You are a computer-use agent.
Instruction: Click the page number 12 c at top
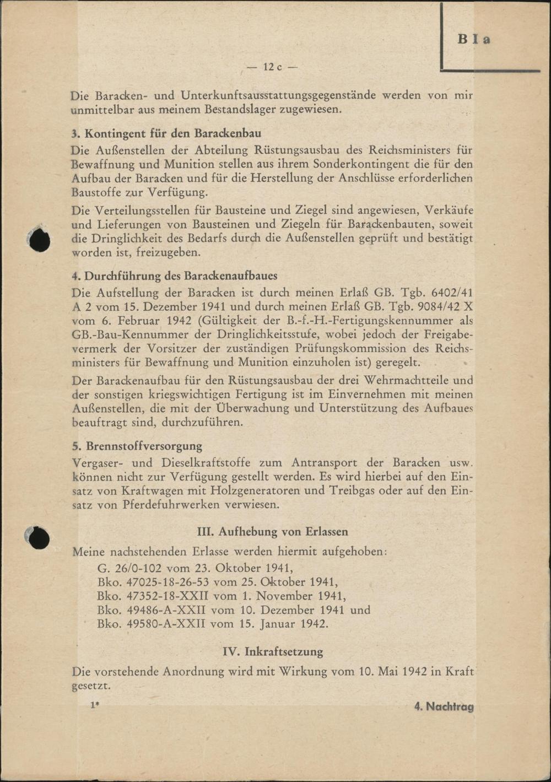point(272,67)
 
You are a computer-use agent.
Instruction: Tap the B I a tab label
point(473,40)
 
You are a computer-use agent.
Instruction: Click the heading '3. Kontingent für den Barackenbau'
point(166,133)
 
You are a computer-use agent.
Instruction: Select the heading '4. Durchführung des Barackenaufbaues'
point(174,276)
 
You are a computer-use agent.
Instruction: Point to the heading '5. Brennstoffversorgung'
point(137,446)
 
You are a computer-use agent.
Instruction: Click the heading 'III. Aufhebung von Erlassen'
point(272,532)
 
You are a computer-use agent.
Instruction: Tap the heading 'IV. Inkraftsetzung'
point(273,651)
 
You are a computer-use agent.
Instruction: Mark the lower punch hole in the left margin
point(39,538)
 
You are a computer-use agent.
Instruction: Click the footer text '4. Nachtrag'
point(444,707)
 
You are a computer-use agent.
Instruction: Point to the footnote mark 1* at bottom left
point(95,705)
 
